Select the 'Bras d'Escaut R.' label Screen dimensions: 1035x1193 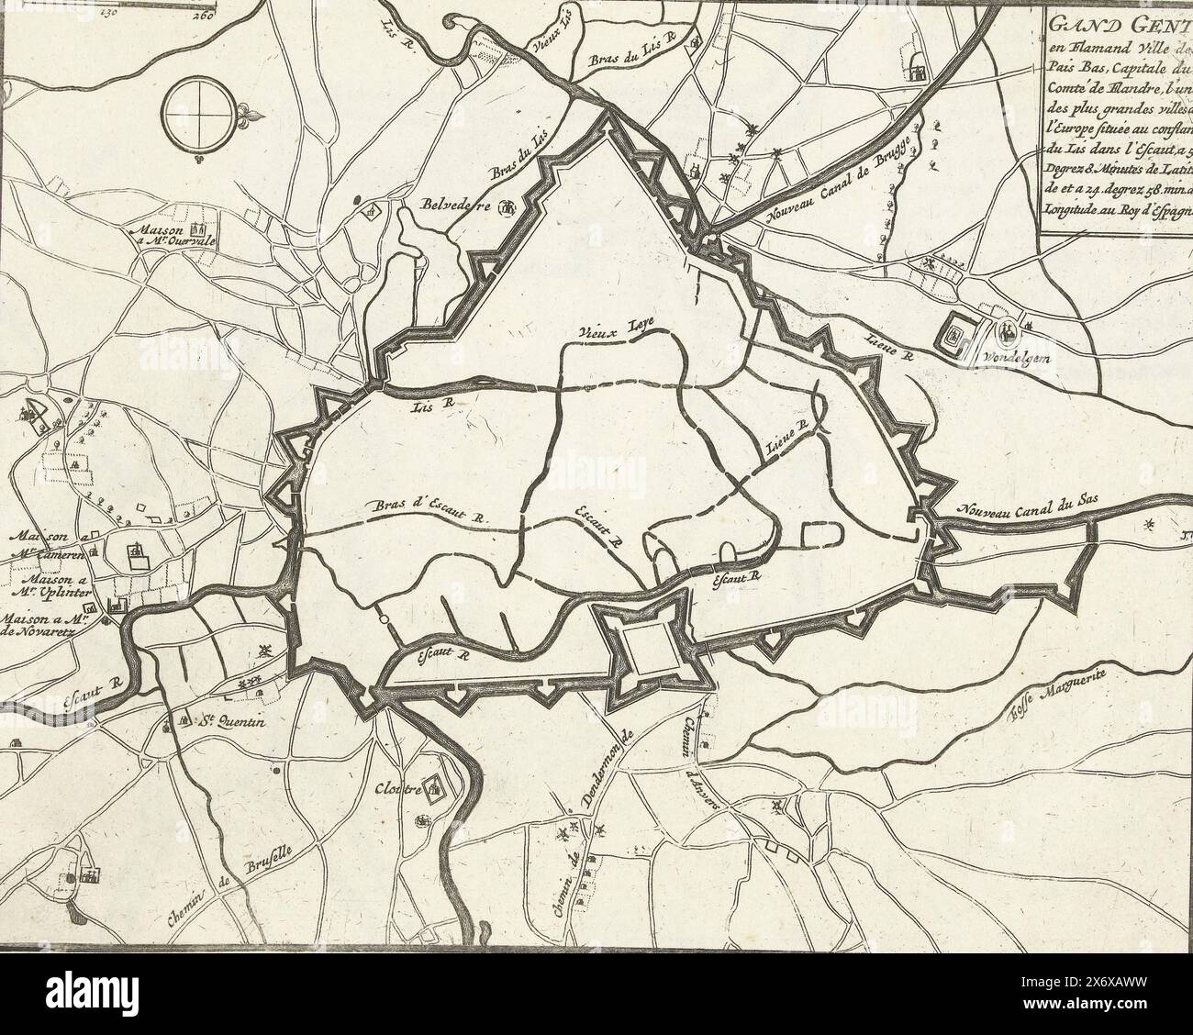429,510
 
